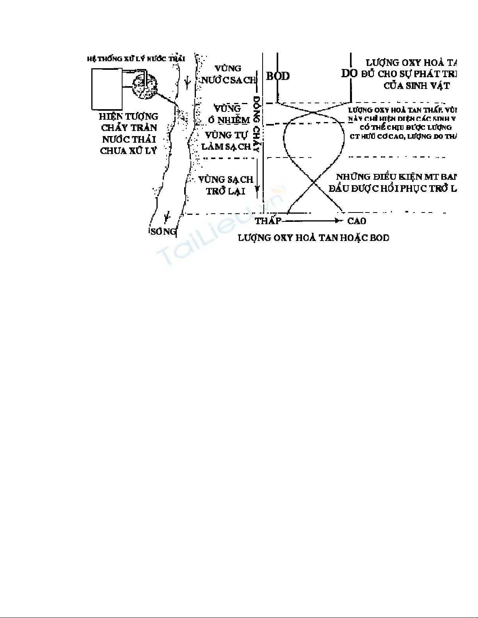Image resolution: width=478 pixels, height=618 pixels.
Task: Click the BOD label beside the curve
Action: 278,76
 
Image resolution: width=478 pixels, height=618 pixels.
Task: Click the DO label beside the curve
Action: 349,73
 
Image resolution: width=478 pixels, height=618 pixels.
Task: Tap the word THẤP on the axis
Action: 268,221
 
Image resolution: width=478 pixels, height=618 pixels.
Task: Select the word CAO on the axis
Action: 357,221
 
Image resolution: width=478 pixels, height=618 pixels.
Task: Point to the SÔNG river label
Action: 163,231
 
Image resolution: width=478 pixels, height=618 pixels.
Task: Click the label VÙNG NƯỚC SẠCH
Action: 228,74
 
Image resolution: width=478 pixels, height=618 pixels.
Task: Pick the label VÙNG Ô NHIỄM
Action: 228,114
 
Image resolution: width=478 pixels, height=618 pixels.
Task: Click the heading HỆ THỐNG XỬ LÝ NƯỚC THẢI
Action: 136,58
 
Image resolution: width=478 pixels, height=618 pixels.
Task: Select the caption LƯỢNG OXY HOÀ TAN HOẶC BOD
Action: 313,237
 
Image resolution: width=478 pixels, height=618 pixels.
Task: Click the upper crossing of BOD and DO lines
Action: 314,113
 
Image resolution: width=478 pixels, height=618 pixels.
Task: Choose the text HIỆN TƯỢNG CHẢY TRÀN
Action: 128,122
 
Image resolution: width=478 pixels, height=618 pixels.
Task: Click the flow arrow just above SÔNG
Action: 167,216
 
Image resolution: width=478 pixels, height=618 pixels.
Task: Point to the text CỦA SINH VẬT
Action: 416,86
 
